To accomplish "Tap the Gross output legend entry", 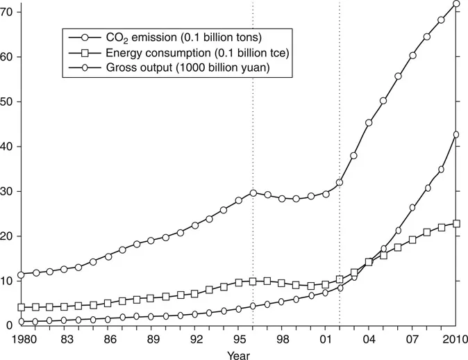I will [x=174, y=66].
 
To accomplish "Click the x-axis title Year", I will [x=238, y=355].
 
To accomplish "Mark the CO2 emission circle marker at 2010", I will [x=456, y=3].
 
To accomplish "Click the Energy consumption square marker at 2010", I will [x=456, y=224].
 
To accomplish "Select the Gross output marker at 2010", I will [x=456, y=135].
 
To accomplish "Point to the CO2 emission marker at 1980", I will [x=22, y=275].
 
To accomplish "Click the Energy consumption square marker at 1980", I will [x=22, y=307].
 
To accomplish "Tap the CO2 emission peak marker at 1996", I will [x=253, y=193].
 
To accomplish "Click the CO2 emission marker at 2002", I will [x=340, y=182].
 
